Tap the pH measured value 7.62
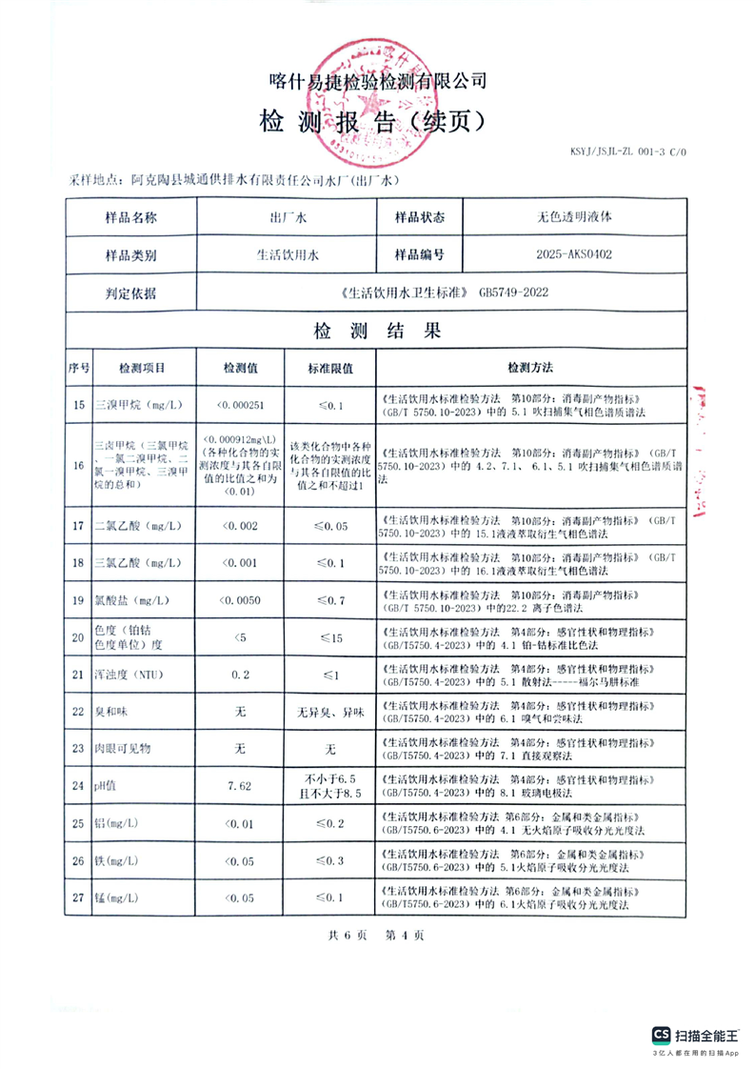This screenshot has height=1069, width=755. [239, 786]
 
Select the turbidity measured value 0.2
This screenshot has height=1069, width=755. [239, 676]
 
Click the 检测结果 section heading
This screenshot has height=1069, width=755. [376, 332]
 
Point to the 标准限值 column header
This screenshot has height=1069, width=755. [330, 368]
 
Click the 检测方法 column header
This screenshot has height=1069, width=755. [530, 368]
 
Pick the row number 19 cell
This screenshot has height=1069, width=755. [78, 600]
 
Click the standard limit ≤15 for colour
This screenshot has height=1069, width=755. [330, 637]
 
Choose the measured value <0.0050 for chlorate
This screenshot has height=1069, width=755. [239, 600]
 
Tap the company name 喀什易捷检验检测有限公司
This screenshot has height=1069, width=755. [377, 81]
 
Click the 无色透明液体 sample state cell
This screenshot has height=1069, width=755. [574, 216]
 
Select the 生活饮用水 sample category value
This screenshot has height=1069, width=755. [287, 255]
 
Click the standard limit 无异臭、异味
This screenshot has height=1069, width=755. [330, 713]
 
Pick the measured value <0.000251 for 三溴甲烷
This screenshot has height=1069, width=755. [239, 405]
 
